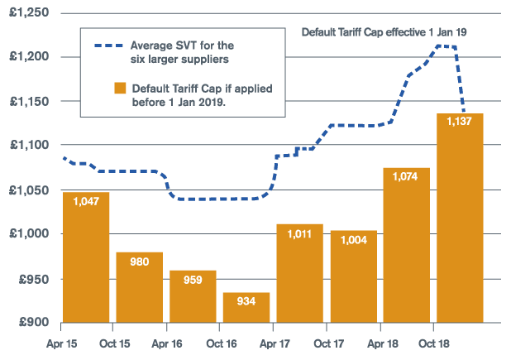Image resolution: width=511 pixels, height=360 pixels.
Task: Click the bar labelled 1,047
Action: pyautogui.click(x=86, y=257)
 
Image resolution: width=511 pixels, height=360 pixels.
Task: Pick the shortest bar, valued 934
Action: pyautogui.click(x=246, y=307)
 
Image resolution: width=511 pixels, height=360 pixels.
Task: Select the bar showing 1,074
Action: pyautogui.click(x=406, y=245)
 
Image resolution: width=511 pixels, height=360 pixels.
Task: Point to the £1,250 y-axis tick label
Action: pyautogui.click(x=29, y=12)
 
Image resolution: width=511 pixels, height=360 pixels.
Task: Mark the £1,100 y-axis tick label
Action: pyautogui.click(x=29, y=145)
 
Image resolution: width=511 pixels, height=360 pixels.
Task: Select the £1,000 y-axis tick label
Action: pyautogui.click(x=29, y=233)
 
